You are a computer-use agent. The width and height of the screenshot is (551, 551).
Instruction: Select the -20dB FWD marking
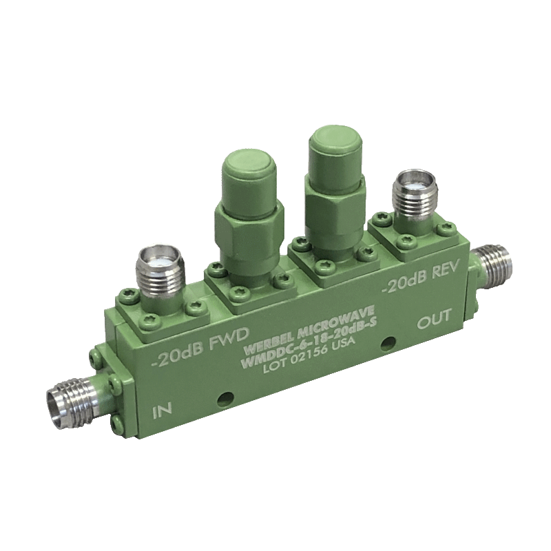pos(200,348)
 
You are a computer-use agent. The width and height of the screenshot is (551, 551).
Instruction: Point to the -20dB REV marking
pos(420,278)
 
